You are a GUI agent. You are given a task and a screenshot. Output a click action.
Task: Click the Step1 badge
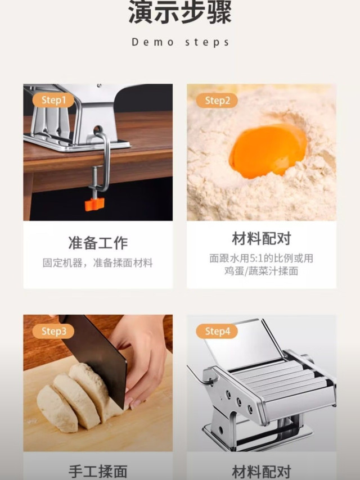53,100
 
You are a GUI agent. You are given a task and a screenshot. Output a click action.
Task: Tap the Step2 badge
217,100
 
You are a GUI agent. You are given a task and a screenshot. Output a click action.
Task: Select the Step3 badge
53,331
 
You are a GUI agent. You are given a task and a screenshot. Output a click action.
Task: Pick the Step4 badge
217,331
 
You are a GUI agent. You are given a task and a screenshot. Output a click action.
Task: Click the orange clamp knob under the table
94,204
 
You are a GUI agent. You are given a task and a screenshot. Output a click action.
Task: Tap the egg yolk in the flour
268,151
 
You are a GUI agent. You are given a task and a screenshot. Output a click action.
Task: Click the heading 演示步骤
180,12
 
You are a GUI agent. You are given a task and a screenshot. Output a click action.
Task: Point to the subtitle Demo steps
180,42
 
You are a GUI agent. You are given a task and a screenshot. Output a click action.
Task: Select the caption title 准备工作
98,243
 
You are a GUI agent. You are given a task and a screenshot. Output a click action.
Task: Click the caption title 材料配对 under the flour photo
262,238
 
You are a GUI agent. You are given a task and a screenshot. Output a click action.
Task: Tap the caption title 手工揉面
98,472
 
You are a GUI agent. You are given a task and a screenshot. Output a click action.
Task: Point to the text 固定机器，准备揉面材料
97,262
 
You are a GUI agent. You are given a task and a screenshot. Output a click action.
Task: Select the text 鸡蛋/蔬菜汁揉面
261,271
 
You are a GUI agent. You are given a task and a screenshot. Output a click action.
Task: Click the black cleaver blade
97,358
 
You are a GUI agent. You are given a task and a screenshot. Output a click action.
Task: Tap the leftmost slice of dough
57,409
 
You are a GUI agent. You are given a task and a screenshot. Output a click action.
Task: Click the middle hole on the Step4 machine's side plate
238,401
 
